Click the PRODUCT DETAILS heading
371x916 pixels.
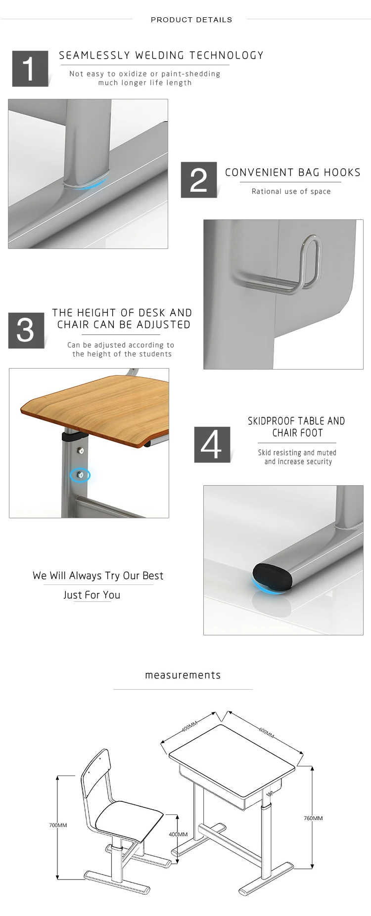191,20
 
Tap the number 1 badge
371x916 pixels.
30,69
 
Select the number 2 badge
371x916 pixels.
198,180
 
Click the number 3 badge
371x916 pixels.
26,330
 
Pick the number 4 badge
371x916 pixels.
212,444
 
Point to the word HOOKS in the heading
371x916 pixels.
342,172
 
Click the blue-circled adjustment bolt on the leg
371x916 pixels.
80,475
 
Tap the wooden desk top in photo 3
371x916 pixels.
94,405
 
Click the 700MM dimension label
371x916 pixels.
58,825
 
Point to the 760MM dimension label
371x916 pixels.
313,818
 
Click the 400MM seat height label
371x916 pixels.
178,834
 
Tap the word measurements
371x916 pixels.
183,675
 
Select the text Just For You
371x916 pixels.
92,595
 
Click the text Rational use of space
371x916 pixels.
291,191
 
